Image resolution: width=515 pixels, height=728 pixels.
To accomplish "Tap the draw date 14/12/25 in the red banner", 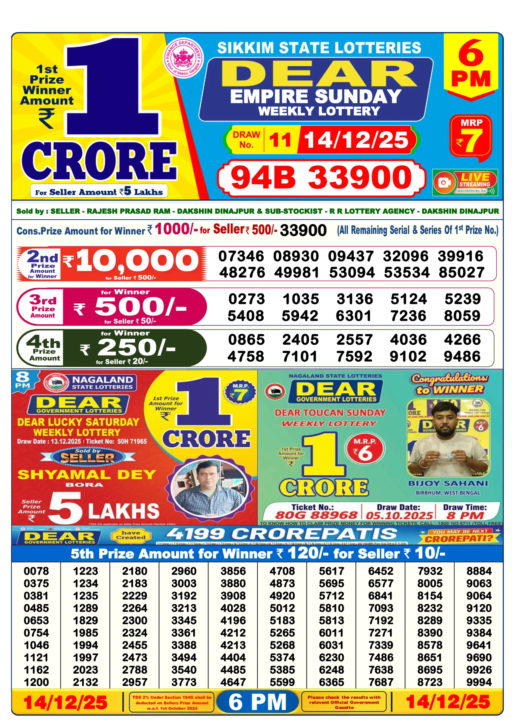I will click(x=356, y=140).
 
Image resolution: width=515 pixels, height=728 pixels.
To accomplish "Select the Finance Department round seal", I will click(x=183, y=58).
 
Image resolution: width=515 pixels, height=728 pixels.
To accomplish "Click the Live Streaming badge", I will click(x=465, y=183).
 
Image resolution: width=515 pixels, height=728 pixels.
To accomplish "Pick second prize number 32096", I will click(x=405, y=256).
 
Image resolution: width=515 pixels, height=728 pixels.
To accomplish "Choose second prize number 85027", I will click(x=462, y=272).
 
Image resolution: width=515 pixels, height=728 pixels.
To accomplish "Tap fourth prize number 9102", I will click(x=408, y=356).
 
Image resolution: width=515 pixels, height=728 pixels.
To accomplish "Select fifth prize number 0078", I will click(x=36, y=571).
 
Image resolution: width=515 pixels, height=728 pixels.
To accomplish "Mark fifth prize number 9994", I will click(x=479, y=682).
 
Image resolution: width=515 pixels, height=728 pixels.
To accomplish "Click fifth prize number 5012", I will click(x=282, y=608).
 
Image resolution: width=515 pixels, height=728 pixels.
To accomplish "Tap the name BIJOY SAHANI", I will click(x=448, y=483).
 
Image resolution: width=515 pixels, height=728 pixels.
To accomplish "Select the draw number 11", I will click(x=280, y=140).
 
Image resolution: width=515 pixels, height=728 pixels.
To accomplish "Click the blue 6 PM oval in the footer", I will click(x=258, y=702).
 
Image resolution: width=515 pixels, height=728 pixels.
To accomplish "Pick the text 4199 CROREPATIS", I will click(x=282, y=534).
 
